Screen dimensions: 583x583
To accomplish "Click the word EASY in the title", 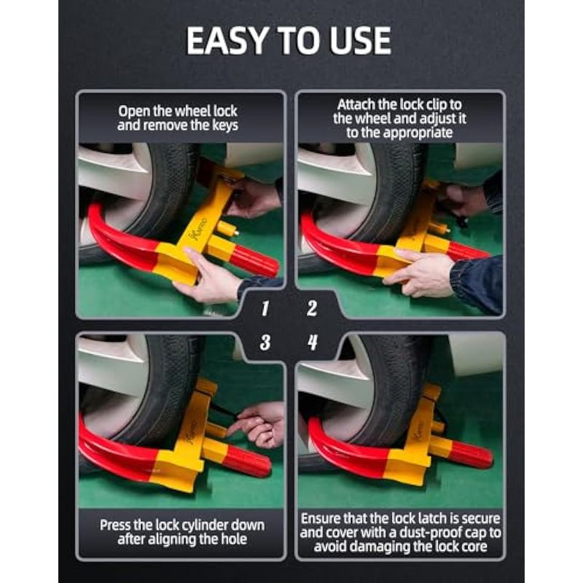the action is (227, 41).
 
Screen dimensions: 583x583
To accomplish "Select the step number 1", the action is (265, 308).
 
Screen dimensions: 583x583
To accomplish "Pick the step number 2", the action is (312, 308).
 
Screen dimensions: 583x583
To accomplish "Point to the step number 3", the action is (265, 342).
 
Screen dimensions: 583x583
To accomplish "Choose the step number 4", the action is (313, 342).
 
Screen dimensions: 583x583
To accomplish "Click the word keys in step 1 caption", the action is (225, 125).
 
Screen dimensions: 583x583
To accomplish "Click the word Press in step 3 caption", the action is (115, 525).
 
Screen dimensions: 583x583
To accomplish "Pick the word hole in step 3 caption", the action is (234, 539).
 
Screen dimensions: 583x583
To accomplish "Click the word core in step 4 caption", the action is (473, 546).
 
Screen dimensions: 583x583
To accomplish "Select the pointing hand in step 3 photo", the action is (258, 424).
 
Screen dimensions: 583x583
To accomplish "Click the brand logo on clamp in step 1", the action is (198, 230).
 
